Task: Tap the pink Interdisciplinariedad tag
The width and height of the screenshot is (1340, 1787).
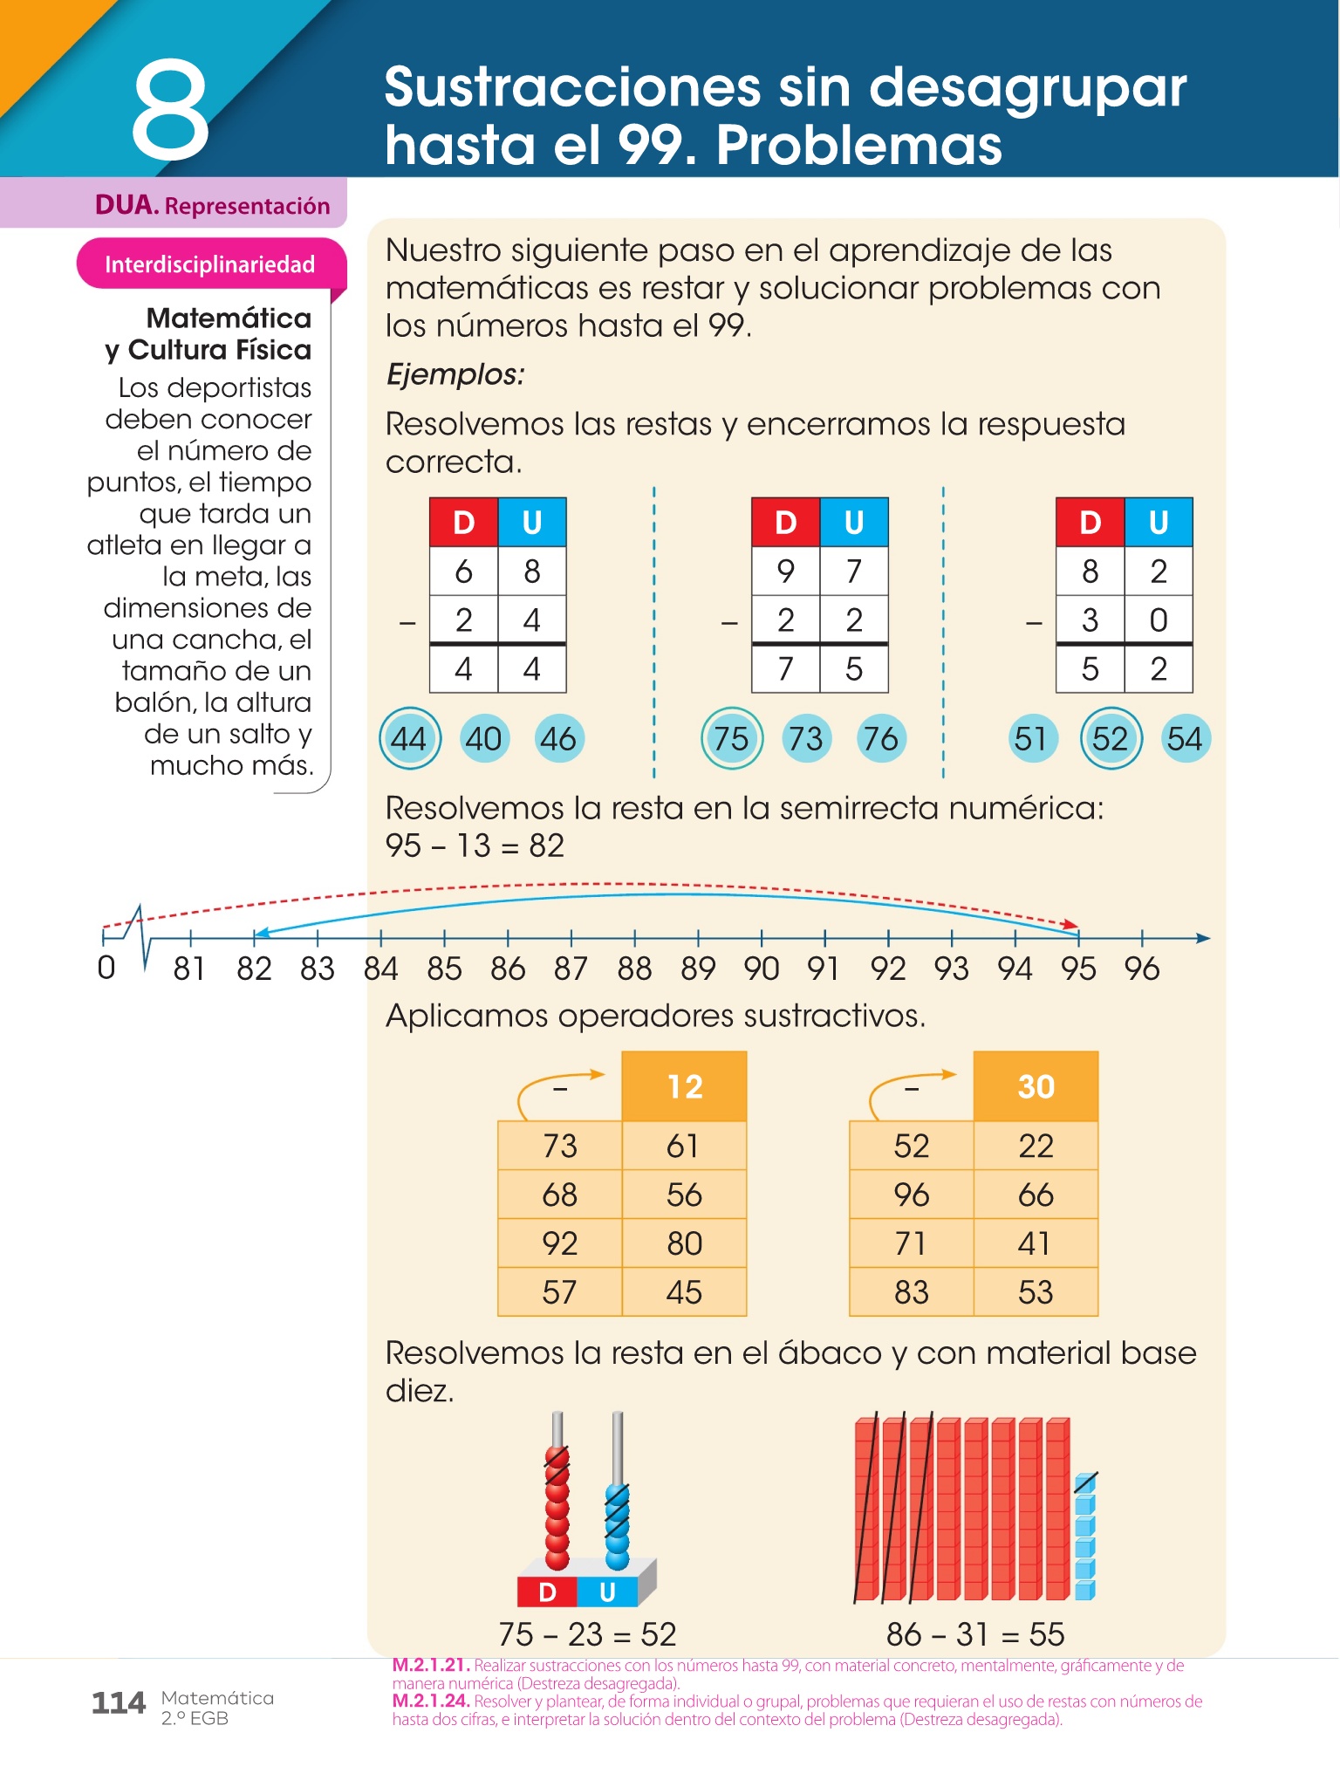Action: pyautogui.click(x=209, y=264)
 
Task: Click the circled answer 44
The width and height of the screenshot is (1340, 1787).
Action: pyautogui.click(x=408, y=739)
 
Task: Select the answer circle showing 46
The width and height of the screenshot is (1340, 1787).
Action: pyautogui.click(x=558, y=739)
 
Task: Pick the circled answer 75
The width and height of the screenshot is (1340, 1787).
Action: pyautogui.click(x=731, y=739)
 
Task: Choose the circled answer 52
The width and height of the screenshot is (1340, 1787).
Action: pyautogui.click(x=1110, y=739)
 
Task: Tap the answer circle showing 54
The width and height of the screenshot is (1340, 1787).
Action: pyautogui.click(x=1185, y=739)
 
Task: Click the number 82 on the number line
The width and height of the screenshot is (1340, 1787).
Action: pyautogui.click(x=254, y=969)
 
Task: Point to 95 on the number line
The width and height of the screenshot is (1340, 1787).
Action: pyautogui.click(x=1078, y=969)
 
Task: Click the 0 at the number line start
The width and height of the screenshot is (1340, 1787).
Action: pyautogui.click(x=106, y=968)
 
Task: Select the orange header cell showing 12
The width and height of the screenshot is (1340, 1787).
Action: pyautogui.click(x=684, y=1086)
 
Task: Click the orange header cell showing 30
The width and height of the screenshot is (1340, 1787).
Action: pyautogui.click(x=1036, y=1086)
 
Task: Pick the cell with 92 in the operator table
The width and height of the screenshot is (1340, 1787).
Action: pyautogui.click(x=559, y=1243)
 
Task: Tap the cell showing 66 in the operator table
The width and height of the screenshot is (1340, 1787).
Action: pyautogui.click(x=1036, y=1195)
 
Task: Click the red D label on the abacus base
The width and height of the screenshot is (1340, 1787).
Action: pyautogui.click(x=547, y=1592)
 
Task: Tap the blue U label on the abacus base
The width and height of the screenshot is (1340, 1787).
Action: pyautogui.click(x=608, y=1592)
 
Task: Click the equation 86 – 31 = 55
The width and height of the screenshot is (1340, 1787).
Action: pyautogui.click(x=975, y=1634)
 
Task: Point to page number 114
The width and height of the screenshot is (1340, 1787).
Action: pyautogui.click(x=119, y=1703)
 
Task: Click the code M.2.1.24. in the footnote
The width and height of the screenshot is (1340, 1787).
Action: pyautogui.click(x=431, y=1701)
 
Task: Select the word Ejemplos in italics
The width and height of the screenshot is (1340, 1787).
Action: pyautogui.click(x=455, y=374)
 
